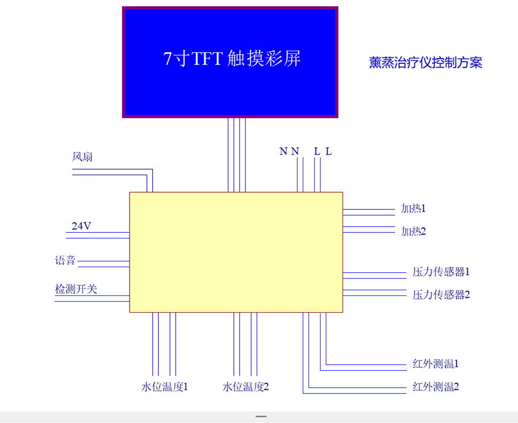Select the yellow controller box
click(x=236, y=252)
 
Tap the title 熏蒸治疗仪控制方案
click(x=425, y=63)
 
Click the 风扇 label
click(x=82, y=157)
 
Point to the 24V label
click(x=81, y=226)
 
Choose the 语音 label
click(x=65, y=260)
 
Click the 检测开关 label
click(x=76, y=289)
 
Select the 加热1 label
click(x=413, y=209)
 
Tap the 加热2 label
click(x=413, y=232)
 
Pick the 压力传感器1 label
click(x=441, y=272)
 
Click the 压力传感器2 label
click(x=441, y=295)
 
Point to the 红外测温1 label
click(x=435, y=364)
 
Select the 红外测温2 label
click(x=435, y=387)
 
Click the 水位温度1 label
click(x=165, y=387)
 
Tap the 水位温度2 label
click(x=246, y=387)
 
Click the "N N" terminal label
click(x=290, y=152)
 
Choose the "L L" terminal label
click(x=323, y=152)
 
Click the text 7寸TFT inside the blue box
click(x=193, y=59)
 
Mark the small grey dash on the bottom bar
click(x=261, y=416)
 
